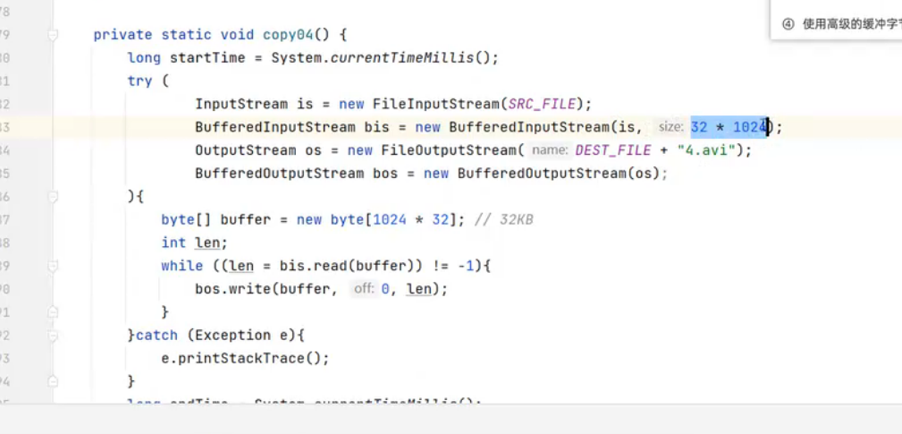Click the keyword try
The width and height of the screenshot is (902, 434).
[139, 81]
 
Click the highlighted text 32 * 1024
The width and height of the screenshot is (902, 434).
[729, 127]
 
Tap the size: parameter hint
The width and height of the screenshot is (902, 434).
[670, 127]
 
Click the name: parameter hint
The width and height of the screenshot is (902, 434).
[550, 150]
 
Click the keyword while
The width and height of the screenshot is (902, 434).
[182, 266]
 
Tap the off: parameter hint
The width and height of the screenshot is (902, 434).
[363, 289]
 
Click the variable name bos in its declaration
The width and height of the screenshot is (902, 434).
[385, 174]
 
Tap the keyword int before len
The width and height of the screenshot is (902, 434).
[173, 243]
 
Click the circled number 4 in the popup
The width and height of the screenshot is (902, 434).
[788, 24]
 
